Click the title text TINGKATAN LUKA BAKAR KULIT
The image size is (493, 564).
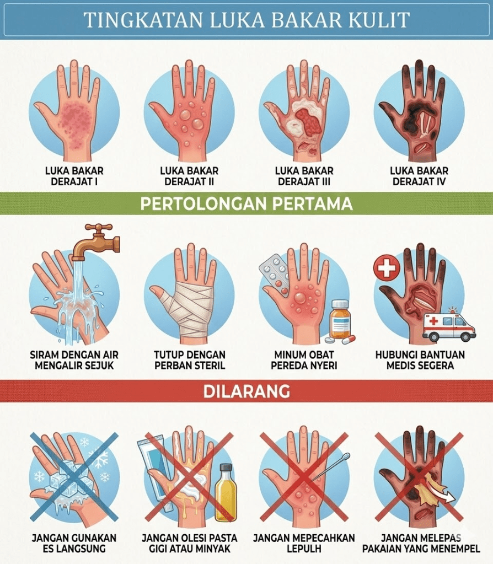[246, 20]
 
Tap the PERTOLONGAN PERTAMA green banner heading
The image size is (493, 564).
[246, 203]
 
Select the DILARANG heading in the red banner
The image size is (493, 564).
[246, 391]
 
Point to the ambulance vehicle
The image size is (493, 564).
[449, 325]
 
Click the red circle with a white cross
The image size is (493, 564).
[387, 268]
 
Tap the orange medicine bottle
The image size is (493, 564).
[339, 319]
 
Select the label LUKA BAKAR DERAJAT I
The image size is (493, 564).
[74, 176]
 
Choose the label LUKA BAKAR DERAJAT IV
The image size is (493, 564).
[419, 176]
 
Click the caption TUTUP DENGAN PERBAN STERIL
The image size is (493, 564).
[190, 360]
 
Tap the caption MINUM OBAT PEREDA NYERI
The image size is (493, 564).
[304, 360]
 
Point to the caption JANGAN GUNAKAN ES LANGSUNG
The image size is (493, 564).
[74, 543]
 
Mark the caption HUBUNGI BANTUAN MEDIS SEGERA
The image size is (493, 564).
[420, 360]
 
